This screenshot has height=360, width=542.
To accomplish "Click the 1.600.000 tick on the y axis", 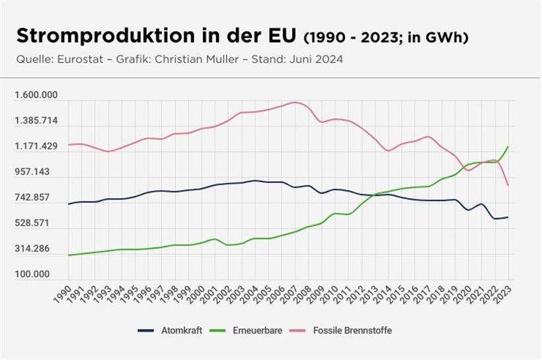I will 36,96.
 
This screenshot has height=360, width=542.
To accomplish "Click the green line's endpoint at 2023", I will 508,147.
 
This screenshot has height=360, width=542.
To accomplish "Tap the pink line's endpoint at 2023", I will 508,185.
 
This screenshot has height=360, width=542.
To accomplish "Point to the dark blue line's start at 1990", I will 69,204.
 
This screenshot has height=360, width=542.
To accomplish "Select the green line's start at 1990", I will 69,255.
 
